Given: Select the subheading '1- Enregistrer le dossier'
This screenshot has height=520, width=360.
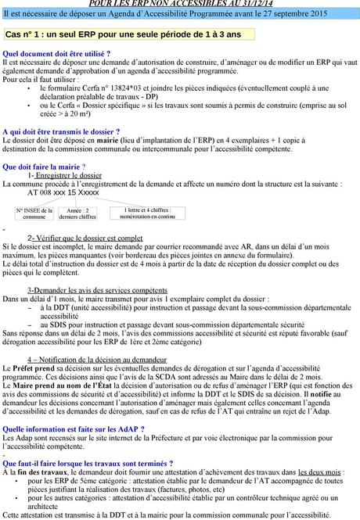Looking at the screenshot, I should pos(59,175).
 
